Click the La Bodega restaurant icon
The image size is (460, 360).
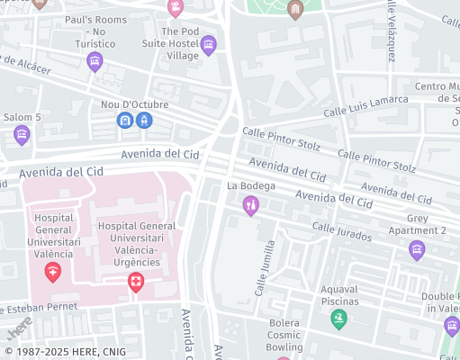[x=251, y=207]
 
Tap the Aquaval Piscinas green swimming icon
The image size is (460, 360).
[x=338, y=319]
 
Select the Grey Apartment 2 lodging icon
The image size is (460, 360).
[x=416, y=250]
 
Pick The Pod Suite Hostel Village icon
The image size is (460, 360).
[x=209, y=45]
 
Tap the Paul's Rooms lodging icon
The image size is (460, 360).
[x=95, y=61]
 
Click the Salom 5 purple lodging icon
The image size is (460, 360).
[x=22, y=135]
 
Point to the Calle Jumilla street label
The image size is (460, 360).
[x=264, y=269]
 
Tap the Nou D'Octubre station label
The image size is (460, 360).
[x=134, y=104]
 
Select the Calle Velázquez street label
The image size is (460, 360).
[x=391, y=31]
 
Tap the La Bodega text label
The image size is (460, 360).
[x=251, y=186]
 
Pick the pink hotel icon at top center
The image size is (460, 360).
[x=176, y=8]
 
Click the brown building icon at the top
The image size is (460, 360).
[x=294, y=9]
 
